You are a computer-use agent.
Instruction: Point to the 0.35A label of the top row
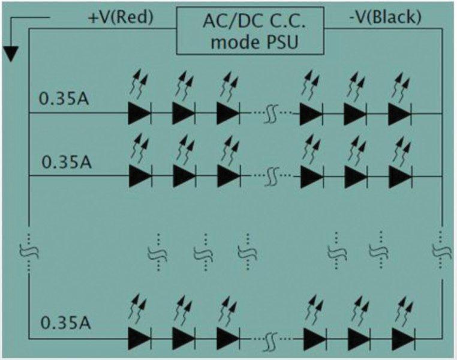tap(64, 98)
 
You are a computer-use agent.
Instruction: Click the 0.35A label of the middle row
tap(67, 161)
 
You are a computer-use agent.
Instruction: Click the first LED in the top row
tap(139, 113)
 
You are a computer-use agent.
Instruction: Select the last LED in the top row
tap(399, 113)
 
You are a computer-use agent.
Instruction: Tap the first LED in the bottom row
tap(139, 339)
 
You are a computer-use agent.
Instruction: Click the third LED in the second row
tap(228, 176)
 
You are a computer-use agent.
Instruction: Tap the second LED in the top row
tap(184, 113)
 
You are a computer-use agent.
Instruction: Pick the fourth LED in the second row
tap(312, 176)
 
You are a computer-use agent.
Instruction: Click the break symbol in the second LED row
tap(270, 176)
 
